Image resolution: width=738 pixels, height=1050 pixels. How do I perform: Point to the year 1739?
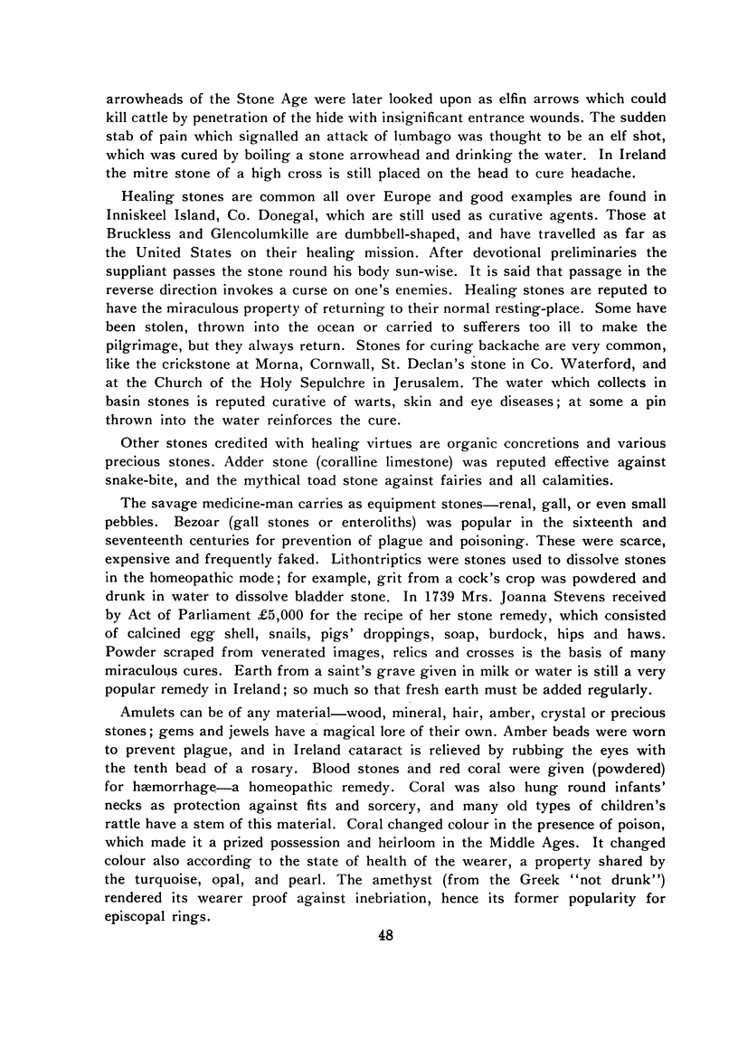pos(463,598)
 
